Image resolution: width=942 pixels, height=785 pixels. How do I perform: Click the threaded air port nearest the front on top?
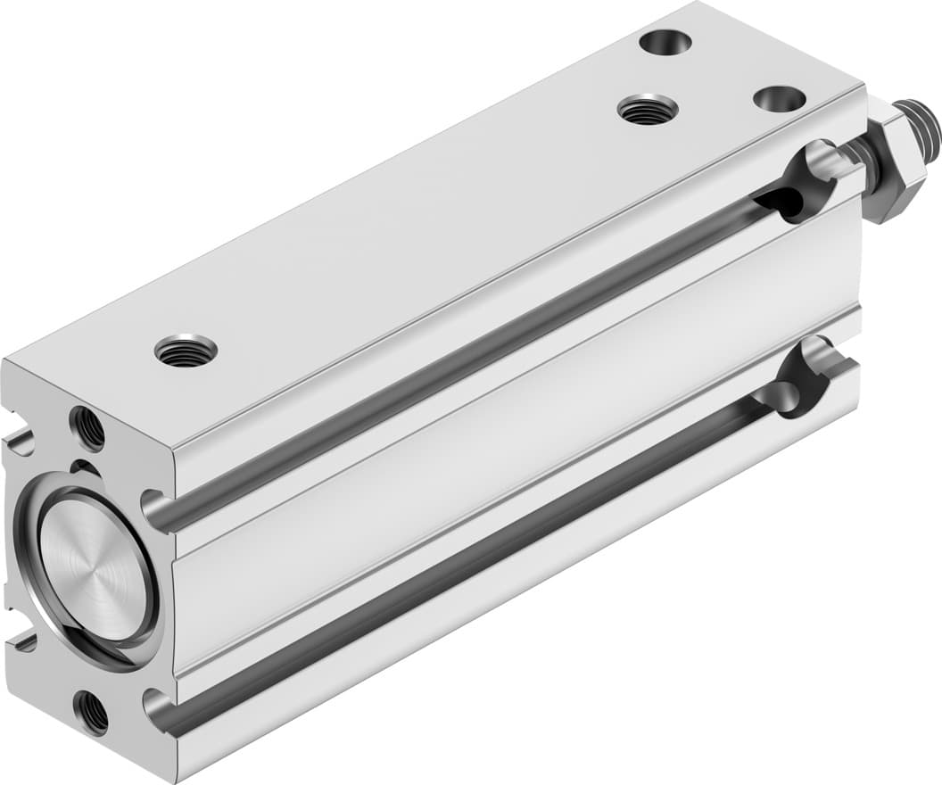186,349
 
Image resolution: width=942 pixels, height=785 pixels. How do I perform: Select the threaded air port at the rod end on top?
648,110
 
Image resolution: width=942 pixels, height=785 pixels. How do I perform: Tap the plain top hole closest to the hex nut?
780,99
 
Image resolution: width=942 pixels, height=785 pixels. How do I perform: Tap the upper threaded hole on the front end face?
87,427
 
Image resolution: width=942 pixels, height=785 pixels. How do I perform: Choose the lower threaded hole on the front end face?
90,712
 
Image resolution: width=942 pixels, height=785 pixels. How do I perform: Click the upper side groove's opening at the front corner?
155,510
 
